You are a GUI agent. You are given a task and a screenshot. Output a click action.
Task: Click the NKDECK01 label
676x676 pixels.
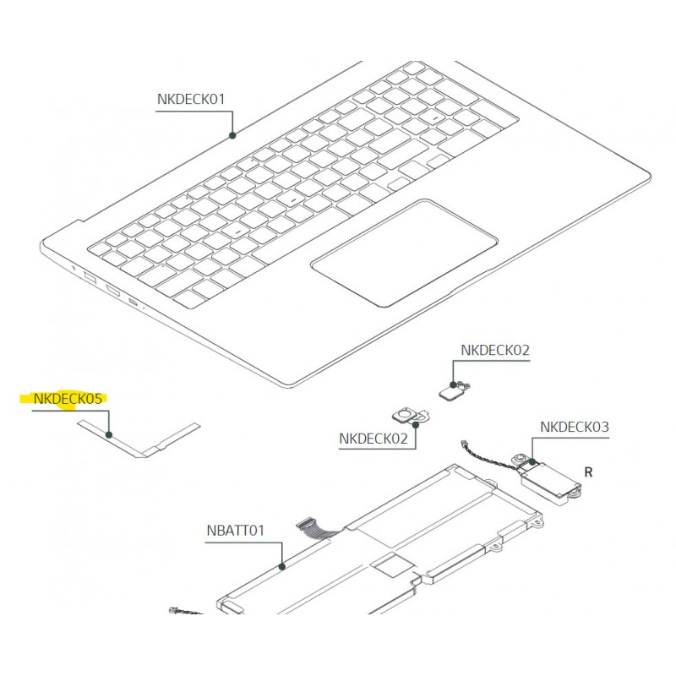(191, 99)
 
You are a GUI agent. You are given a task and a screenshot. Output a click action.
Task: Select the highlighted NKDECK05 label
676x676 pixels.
(68, 399)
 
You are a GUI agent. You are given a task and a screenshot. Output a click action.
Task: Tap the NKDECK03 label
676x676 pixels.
(575, 427)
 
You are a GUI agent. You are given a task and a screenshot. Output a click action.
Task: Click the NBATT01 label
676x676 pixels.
(236, 531)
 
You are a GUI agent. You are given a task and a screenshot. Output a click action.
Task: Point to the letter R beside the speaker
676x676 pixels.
(588, 472)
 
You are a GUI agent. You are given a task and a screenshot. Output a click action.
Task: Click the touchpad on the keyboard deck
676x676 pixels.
(404, 253)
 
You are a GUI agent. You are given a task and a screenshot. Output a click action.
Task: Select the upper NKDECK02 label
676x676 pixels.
(495, 350)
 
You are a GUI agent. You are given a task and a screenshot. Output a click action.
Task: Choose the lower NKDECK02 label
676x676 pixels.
(373, 439)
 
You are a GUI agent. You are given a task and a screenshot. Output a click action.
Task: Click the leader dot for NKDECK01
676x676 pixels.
(232, 135)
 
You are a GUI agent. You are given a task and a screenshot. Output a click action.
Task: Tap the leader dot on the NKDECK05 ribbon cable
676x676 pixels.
(109, 435)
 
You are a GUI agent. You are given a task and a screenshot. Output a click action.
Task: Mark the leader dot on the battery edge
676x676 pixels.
(282, 566)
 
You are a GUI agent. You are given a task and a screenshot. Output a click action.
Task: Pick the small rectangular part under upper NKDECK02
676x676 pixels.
(450, 393)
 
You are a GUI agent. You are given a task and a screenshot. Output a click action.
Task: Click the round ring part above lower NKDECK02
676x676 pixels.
(406, 415)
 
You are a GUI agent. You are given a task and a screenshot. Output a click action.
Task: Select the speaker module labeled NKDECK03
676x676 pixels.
(548, 478)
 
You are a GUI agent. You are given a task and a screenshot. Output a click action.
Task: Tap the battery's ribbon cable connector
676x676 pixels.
(304, 523)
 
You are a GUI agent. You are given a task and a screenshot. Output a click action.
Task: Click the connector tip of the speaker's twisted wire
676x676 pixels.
(465, 443)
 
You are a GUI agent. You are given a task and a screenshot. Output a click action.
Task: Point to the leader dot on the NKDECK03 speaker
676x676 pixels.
(533, 461)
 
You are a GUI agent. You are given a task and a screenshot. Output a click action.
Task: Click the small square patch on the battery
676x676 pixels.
(393, 564)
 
